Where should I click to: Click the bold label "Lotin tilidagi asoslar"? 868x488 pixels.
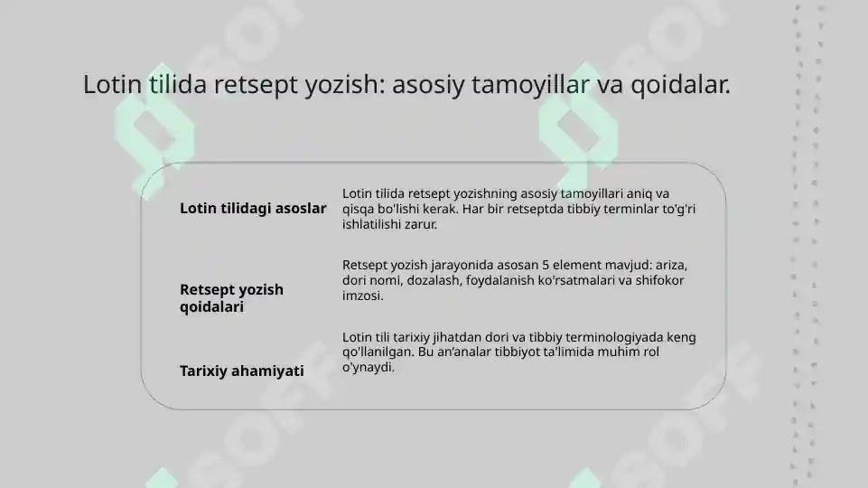click(x=253, y=209)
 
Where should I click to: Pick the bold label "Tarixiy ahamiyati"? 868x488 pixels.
click(x=241, y=371)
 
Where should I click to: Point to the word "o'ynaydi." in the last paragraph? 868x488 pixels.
click(x=369, y=367)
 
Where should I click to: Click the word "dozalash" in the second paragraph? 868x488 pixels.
click(x=437, y=281)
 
